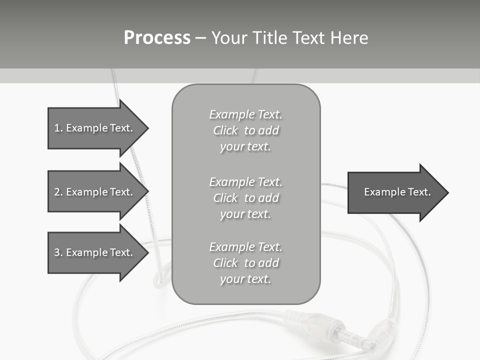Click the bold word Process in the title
157,38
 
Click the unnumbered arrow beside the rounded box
395,192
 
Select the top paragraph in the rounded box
245,130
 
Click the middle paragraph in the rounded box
245,197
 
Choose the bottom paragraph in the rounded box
245,263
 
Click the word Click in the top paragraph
225,131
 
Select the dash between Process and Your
200,38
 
